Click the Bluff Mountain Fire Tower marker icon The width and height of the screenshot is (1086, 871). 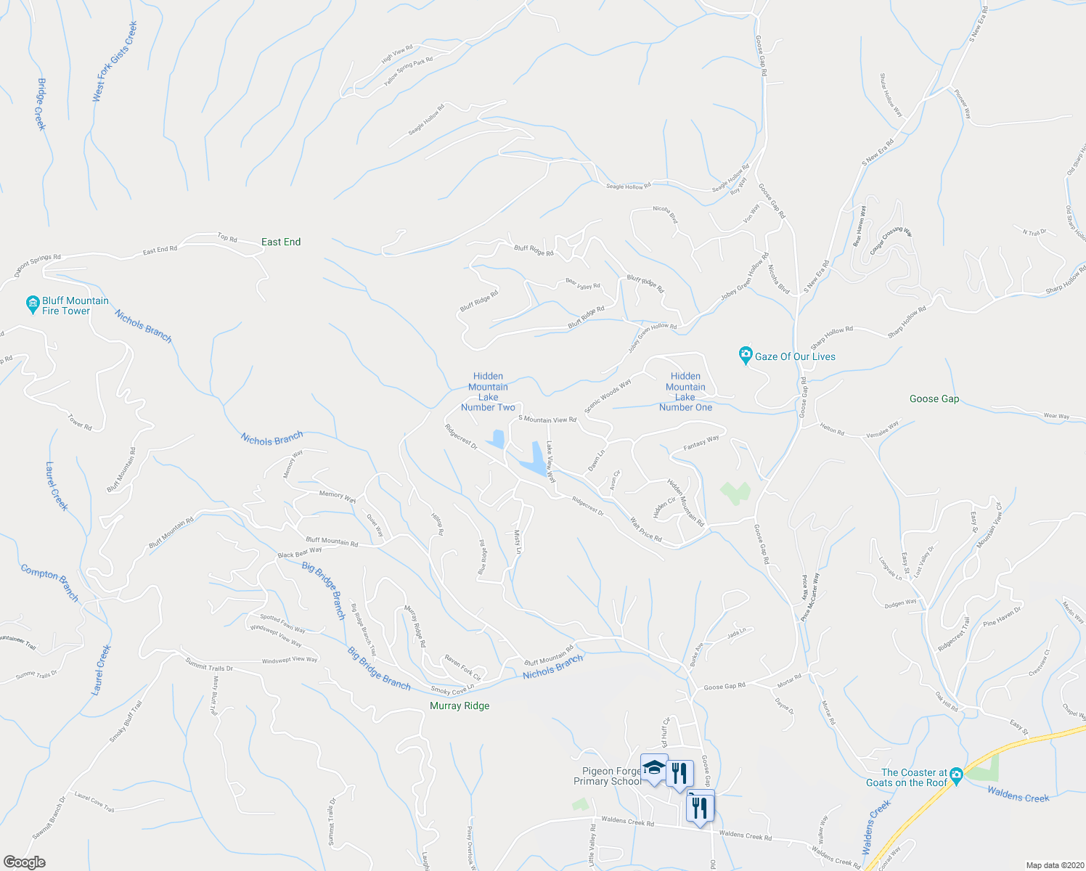(x=32, y=305)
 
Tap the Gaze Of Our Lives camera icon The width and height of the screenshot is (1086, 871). (x=745, y=356)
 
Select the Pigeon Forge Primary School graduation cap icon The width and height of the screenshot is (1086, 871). (x=653, y=768)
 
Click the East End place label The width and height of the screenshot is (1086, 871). (x=281, y=242)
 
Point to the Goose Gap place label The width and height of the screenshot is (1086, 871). (x=934, y=398)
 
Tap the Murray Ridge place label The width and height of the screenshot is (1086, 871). (x=460, y=706)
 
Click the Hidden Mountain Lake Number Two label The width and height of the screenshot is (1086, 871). (x=488, y=392)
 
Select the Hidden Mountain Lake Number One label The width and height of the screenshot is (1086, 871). (x=685, y=392)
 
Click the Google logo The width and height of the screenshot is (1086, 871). (x=25, y=862)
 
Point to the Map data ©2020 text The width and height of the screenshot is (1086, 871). (x=1053, y=865)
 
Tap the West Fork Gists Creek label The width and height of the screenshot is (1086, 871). (x=115, y=61)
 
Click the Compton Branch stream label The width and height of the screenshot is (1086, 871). (x=49, y=582)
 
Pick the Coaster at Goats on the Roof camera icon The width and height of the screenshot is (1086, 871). (x=956, y=775)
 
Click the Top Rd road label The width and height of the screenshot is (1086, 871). (x=227, y=238)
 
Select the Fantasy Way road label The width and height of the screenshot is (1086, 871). (x=701, y=442)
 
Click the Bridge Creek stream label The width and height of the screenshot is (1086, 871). (x=41, y=105)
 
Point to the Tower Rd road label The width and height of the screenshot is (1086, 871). (x=80, y=422)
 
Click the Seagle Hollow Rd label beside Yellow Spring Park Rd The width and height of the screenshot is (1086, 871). (x=426, y=119)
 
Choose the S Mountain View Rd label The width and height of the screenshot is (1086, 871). (x=547, y=420)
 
